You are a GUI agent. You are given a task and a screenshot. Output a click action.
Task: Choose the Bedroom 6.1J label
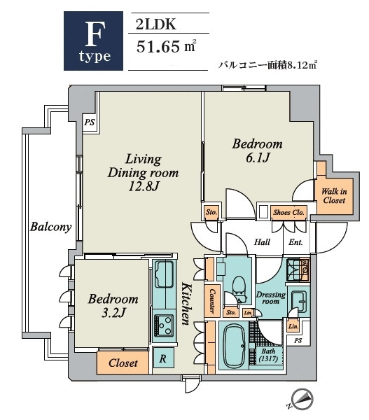click(257, 151)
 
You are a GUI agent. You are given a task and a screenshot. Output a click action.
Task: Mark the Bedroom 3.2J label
click(113, 306)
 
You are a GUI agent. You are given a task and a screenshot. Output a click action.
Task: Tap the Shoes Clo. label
click(287, 211)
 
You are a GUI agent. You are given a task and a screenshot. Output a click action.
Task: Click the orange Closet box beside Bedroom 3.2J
click(123, 363)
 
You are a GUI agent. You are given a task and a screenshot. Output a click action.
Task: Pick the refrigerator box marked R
click(162, 358)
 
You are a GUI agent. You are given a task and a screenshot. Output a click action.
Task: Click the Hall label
click(263, 243)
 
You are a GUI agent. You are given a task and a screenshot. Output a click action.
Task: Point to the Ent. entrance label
click(295, 243)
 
